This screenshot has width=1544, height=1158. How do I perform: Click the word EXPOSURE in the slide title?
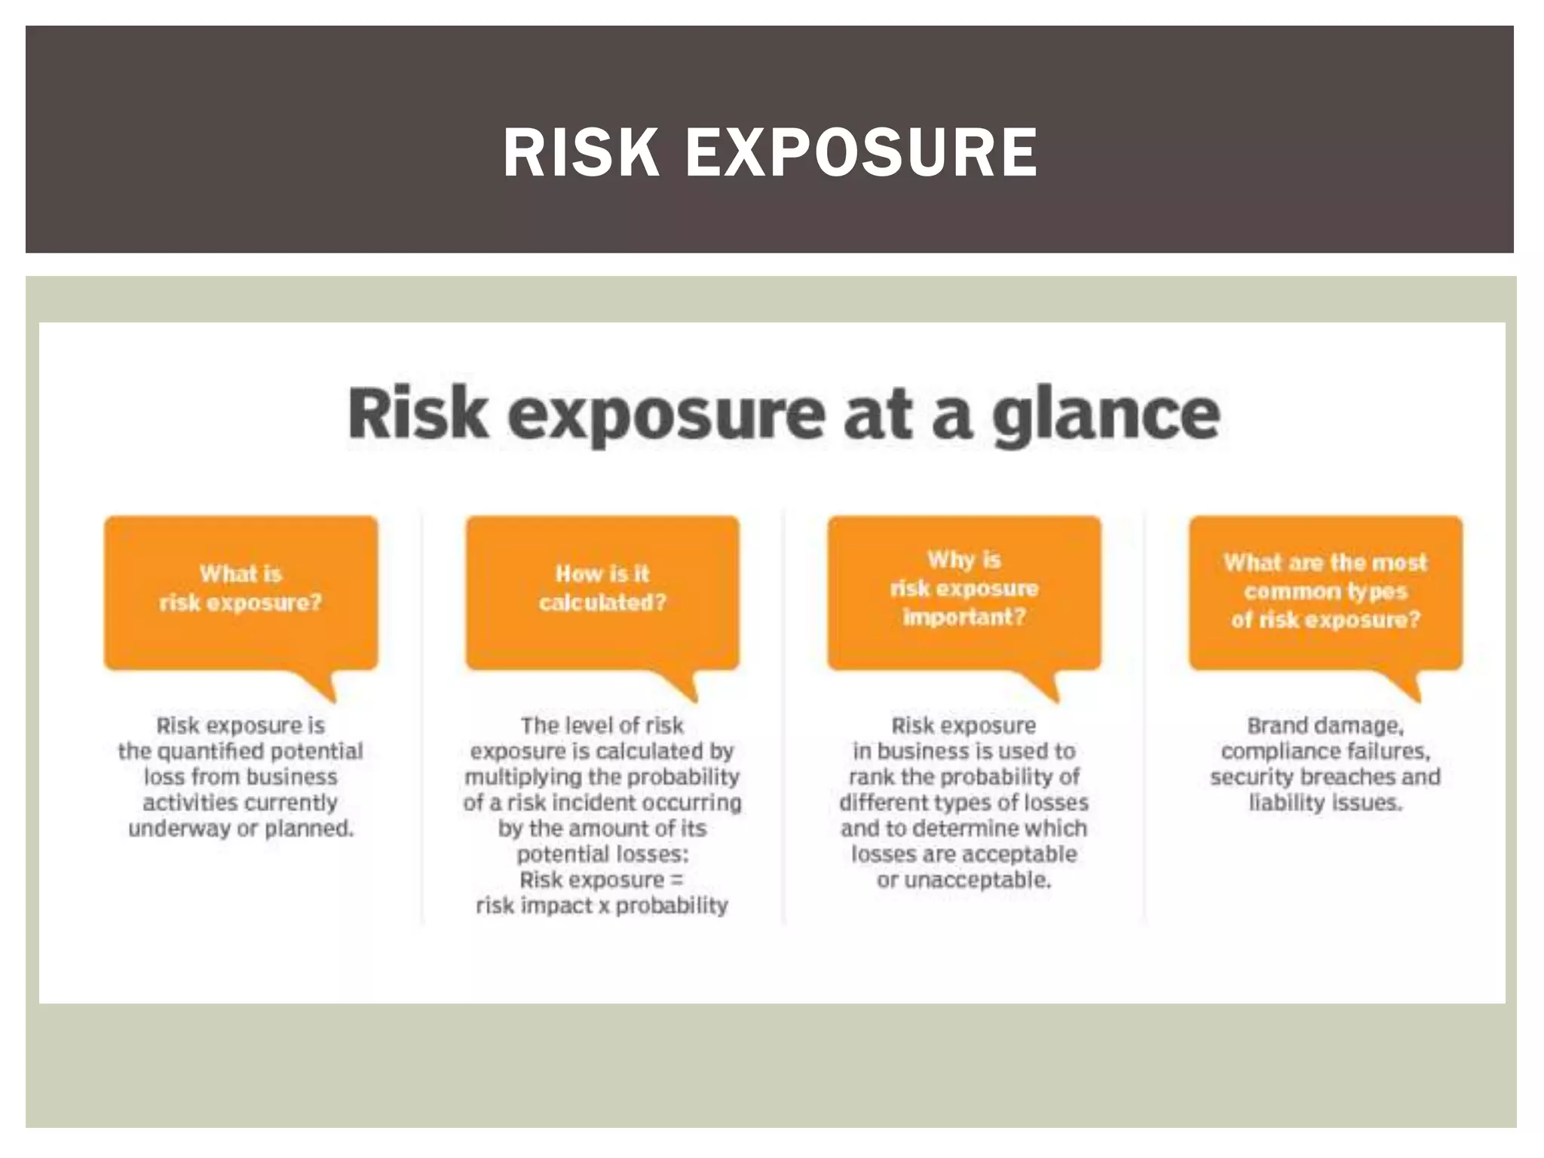861,153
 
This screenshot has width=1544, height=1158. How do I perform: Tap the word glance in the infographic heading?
1106,415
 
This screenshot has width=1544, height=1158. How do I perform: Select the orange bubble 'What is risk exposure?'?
240,592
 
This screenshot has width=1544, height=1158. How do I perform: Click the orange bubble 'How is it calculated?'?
602,592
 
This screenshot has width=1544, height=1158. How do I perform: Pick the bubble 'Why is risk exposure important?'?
964,592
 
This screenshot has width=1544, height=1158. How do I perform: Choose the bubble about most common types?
1325,592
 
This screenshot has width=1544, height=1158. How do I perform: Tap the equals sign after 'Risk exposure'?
676,880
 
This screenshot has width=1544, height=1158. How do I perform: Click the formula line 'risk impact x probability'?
602,905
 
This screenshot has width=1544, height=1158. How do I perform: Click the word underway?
179,829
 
